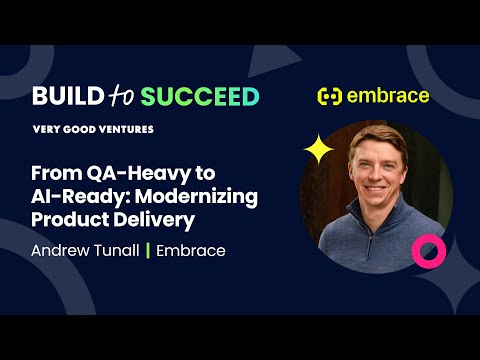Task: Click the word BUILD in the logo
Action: click(65, 96)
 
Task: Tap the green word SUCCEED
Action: click(200, 96)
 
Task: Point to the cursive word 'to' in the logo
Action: click(120, 96)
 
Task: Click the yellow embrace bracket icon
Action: click(329, 97)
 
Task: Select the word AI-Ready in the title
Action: click(74, 195)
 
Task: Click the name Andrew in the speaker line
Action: click(61, 250)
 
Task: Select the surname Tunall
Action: click(117, 250)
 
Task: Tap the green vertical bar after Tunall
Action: click(148, 250)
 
